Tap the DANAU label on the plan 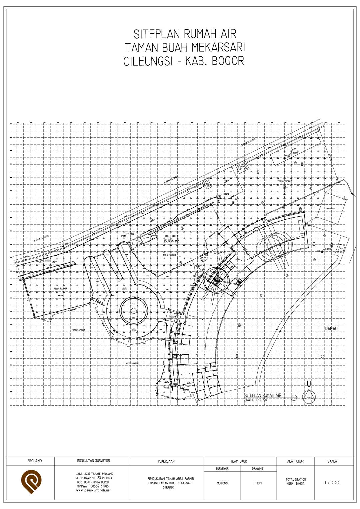[x=332, y=329]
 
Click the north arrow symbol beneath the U [x=309, y=396]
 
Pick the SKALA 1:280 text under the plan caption [x=256, y=400]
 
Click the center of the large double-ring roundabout [x=133, y=311]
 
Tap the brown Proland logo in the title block [x=31, y=482]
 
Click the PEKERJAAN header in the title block [x=166, y=461]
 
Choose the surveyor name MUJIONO [x=222, y=483]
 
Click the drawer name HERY [x=259, y=483]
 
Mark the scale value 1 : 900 [x=332, y=483]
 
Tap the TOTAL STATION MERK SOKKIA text [x=295, y=481]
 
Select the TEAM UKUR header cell [x=239, y=461]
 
